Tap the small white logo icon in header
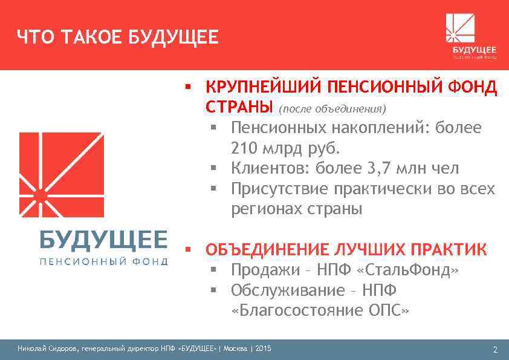pos(460,28)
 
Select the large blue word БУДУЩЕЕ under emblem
pos(103,240)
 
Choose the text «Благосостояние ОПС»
pos(320,311)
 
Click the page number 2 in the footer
pos(495,350)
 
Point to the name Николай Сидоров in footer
pos(42,349)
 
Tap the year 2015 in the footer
pos(264,349)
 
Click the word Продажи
pos(262,270)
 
